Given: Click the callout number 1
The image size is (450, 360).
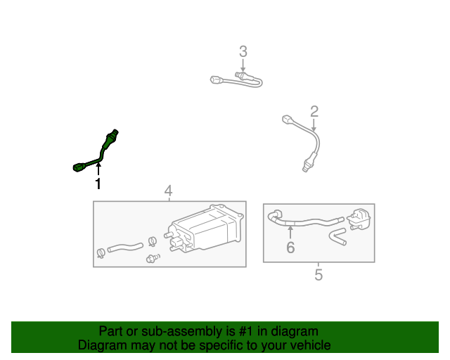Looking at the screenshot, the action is coord(98,184).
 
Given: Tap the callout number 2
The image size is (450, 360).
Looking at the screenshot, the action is coord(314,111).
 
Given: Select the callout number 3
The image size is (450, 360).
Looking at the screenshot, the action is coord(243,51).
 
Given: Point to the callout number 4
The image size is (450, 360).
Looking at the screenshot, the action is coord(168,191).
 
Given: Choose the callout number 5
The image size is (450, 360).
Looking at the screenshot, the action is coord(319,275).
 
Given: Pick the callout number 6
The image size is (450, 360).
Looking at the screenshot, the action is coord(290,247).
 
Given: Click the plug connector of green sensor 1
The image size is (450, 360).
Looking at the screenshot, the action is coord(79,167).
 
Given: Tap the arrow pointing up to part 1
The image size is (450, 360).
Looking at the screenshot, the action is coord(98,169).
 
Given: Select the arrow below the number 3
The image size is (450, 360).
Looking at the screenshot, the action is coord(243,65).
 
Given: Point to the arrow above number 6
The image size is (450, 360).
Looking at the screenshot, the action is coord(290,232).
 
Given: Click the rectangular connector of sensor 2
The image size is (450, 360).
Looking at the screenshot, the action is coord(288,119).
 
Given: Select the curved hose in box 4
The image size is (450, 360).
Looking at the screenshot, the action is coord(125,247).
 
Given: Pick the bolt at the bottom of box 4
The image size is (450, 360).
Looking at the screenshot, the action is coord(153,258).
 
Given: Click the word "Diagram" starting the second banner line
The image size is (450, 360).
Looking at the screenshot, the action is coord(102,345).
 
